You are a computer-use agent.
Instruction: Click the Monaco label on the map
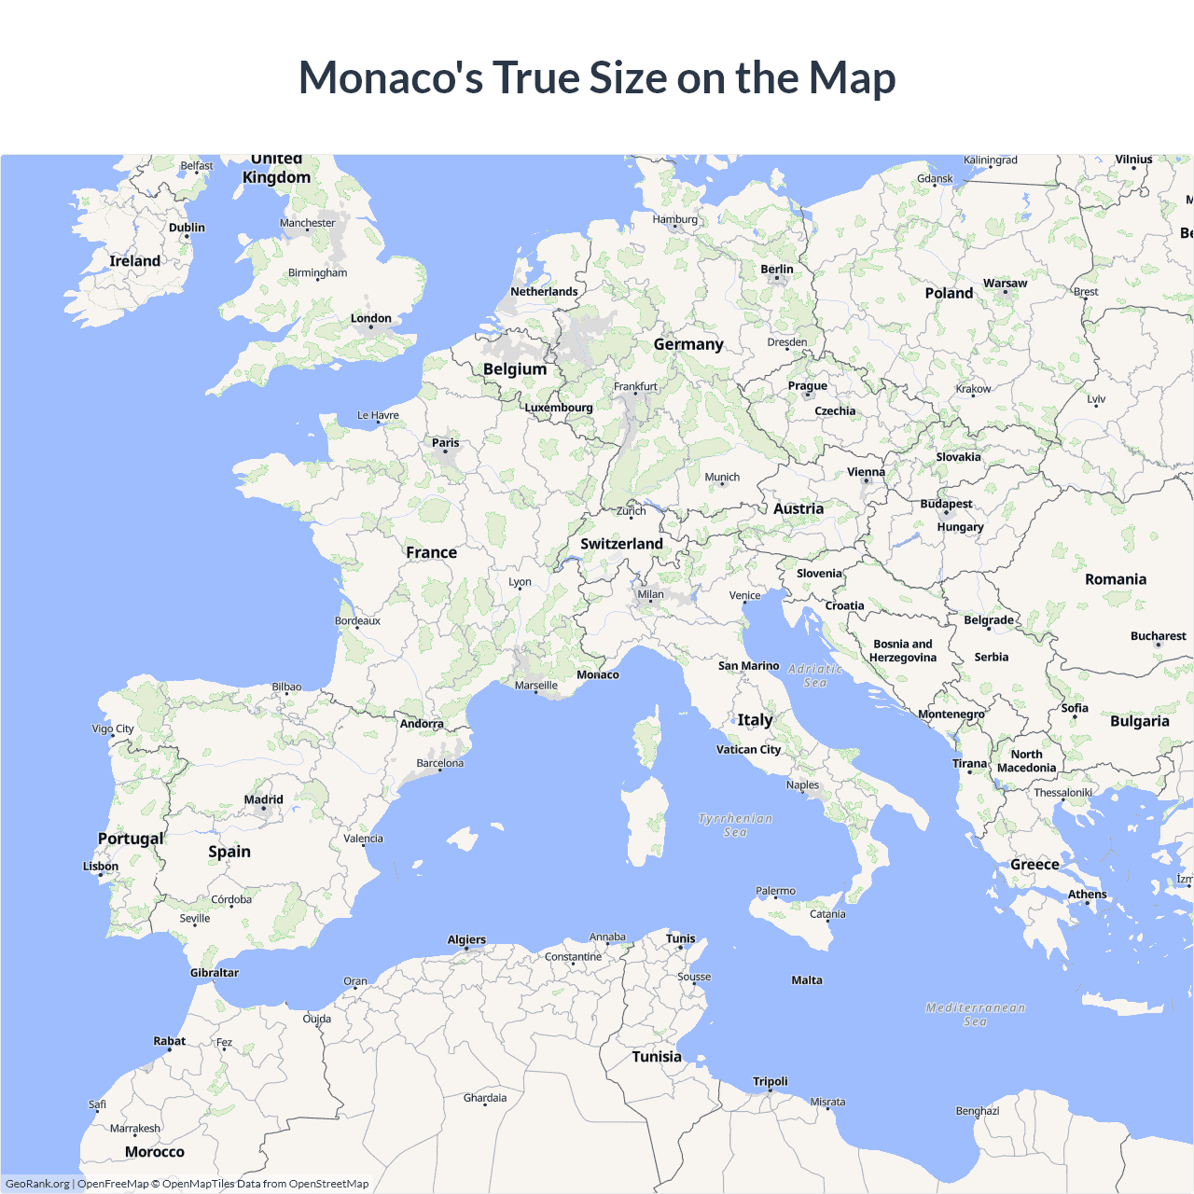point(598,674)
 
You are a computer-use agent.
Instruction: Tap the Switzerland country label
point(621,544)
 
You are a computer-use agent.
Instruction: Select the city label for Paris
point(445,443)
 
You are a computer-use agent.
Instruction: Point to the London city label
point(370,319)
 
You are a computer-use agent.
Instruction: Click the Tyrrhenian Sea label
point(735,826)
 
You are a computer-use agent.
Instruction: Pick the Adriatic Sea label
point(815,675)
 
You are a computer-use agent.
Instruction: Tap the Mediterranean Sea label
point(976,1014)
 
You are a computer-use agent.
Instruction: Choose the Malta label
point(807,980)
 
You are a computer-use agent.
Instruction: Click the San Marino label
point(748,666)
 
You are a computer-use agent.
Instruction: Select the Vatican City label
point(748,749)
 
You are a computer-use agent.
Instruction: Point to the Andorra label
point(422,724)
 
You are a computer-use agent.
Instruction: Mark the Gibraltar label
point(215,973)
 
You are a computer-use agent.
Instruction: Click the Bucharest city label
point(1158,636)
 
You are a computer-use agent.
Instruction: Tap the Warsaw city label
point(1005,284)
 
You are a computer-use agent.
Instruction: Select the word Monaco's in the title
point(391,77)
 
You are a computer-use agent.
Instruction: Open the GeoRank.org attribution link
point(37,1184)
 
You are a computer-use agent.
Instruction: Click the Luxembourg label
point(558,408)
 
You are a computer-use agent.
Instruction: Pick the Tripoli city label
point(771,1082)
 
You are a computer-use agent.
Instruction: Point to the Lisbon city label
point(101,867)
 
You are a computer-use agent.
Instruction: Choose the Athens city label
point(1087,895)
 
